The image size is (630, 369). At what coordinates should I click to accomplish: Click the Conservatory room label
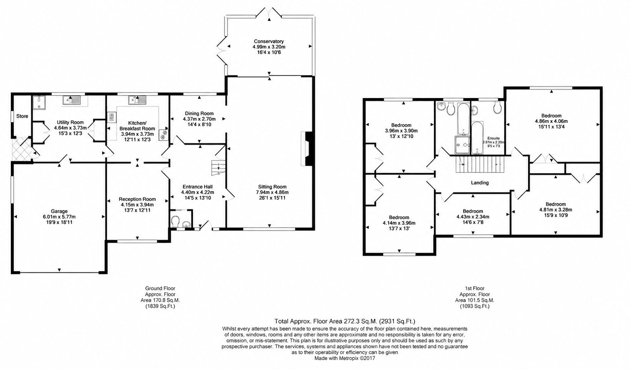click(x=269, y=42)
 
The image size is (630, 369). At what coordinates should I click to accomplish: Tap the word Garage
click(x=59, y=211)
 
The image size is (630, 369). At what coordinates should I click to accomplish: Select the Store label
click(x=22, y=116)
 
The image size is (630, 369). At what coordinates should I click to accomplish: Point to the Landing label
click(x=480, y=183)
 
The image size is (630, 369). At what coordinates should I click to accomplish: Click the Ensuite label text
click(x=494, y=138)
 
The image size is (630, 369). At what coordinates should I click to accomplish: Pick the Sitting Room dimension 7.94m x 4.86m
click(x=272, y=192)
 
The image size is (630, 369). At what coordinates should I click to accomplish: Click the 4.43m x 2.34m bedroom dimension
click(x=473, y=217)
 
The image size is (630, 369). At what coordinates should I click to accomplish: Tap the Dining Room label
click(x=199, y=114)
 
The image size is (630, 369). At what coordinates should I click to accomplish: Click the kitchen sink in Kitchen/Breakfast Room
click(x=138, y=100)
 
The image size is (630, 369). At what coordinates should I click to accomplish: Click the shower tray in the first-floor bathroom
click(x=462, y=145)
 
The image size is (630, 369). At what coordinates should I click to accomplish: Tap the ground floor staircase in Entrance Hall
click(x=219, y=168)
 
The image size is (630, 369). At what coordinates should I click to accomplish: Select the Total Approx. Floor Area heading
click(x=345, y=321)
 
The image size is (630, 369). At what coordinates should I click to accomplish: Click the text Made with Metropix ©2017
click(x=345, y=358)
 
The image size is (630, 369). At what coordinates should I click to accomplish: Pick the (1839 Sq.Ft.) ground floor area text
click(x=160, y=306)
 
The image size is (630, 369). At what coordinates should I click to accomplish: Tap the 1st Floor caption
click(x=475, y=288)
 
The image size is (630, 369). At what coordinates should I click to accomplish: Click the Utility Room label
click(x=70, y=122)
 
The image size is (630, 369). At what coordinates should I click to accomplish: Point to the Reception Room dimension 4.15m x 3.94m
click(x=137, y=205)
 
